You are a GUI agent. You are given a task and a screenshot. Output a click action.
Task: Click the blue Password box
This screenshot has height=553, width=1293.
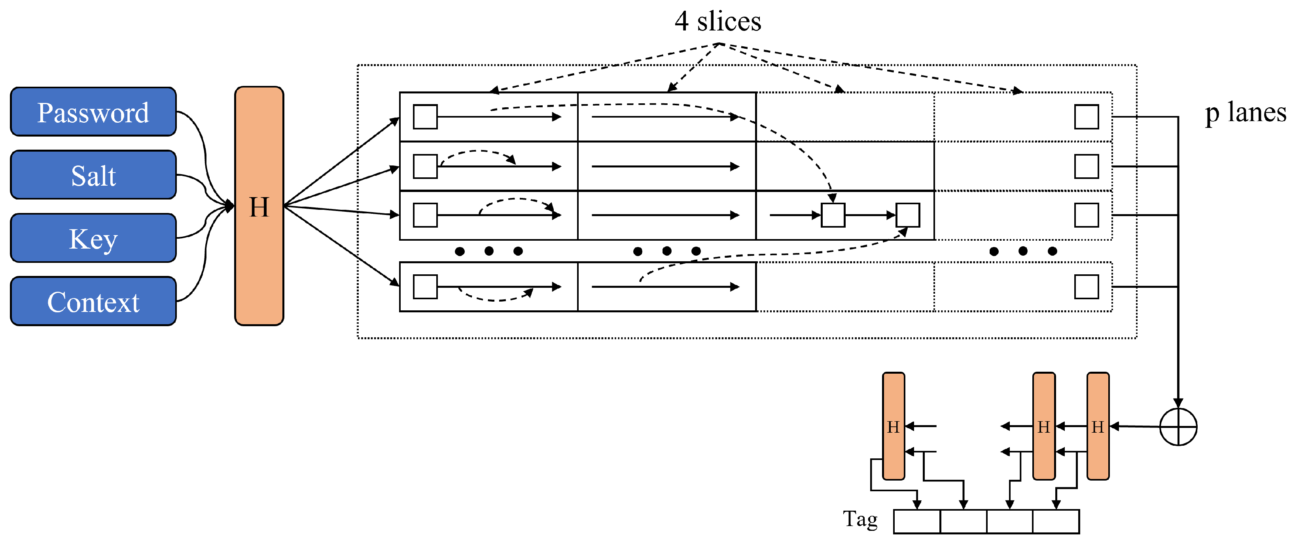coord(93,112)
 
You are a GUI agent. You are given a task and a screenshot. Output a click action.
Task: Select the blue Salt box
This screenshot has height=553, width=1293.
coord(93,175)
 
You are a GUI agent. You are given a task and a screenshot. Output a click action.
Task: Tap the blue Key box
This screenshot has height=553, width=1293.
coord(93,238)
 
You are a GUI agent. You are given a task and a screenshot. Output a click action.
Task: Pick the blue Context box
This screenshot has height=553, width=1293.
coord(93,301)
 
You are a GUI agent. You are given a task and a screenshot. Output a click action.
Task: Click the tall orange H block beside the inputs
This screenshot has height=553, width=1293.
coord(259,206)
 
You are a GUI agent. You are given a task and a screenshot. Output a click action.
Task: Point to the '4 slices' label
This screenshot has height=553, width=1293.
coord(718,21)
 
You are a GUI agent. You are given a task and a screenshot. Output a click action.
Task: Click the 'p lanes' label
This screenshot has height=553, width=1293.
coord(1245,112)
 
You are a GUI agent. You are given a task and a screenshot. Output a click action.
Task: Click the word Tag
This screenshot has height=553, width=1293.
coord(860,519)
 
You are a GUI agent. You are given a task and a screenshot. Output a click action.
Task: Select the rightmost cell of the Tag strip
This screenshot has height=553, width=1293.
coord(1056,522)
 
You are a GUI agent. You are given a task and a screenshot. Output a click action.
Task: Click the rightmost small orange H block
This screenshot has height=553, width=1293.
coord(1098,426)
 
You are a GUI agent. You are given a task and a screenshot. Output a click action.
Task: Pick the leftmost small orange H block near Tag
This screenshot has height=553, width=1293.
coord(894,426)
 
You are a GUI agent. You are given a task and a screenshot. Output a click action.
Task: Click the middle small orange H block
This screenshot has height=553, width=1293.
coord(1044,426)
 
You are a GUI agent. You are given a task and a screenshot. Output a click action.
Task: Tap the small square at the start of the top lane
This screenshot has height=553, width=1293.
coord(425,117)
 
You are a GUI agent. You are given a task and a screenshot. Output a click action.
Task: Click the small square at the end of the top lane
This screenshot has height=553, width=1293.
coord(1087,117)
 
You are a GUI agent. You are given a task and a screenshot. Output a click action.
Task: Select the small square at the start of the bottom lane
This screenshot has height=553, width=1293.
coord(425,287)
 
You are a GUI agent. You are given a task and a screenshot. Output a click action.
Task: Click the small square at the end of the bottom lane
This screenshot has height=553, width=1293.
coord(1087,287)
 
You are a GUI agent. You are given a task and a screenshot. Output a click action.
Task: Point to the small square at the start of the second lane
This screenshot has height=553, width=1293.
coord(425,166)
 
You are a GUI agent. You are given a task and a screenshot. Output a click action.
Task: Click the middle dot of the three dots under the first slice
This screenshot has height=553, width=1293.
coord(489,251)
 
